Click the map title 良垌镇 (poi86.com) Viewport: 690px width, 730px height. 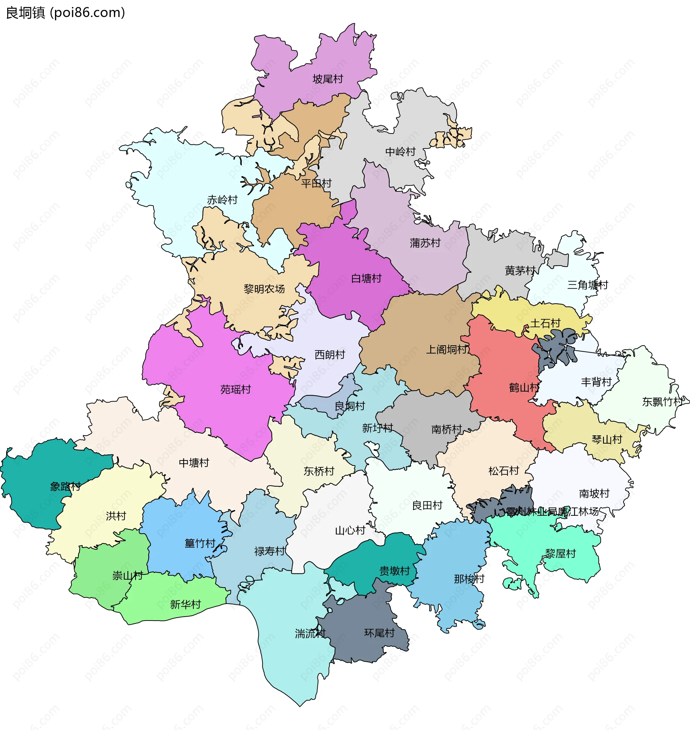pyautogui.click(x=65, y=13)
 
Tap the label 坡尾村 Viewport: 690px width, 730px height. pyautogui.click(x=328, y=79)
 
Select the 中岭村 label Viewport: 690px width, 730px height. pyautogui.click(x=400, y=152)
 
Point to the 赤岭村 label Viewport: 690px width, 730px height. pyautogui.click(x=222, y=200)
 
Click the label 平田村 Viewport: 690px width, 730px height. pyautogui.click(x=316, y=183)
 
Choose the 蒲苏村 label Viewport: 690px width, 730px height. pyautogui.click(x=425, y=243)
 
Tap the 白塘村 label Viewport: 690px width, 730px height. pyautogui.click(x=366, y=279)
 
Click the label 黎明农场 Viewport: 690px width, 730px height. pyautogui.click(x=264, y=289)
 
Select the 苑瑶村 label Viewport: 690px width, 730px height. pyautogui.click(x=235, y=389)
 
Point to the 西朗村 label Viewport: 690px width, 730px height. pyautogui.click(x=330, y=355)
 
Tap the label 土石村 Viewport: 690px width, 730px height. pyautogui.click(x=545, y=323)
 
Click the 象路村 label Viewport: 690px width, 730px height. pyautogui.click(x=65, y=486)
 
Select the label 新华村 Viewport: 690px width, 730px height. pyautogui.click(x=185, y=604)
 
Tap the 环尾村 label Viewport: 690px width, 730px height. pyautogui.click(x=379, y=633)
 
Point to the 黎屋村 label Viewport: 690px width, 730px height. pyautogui.click(x=560, y=553)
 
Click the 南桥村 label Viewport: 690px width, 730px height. pyautogui.click(x=446, y=429)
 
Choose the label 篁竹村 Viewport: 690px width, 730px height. pyautogui.click(x=200, y=543)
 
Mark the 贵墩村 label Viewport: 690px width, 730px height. pyautogui.click(x=395, y=571)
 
